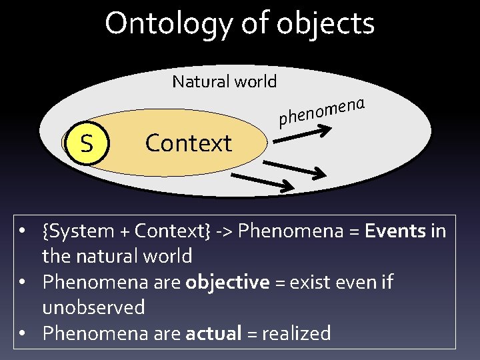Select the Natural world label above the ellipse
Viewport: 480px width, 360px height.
[224, 81]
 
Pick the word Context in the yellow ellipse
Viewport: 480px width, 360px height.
[189, 143]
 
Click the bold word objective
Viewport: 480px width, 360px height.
[227, 282]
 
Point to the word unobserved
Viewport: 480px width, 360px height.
[93, 307]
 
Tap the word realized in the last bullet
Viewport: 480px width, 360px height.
[296, 333]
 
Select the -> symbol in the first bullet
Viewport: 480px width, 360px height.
[224, 231]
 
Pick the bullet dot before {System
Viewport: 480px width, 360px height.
[23, 231]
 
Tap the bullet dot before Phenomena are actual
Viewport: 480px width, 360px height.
[23, 333]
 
